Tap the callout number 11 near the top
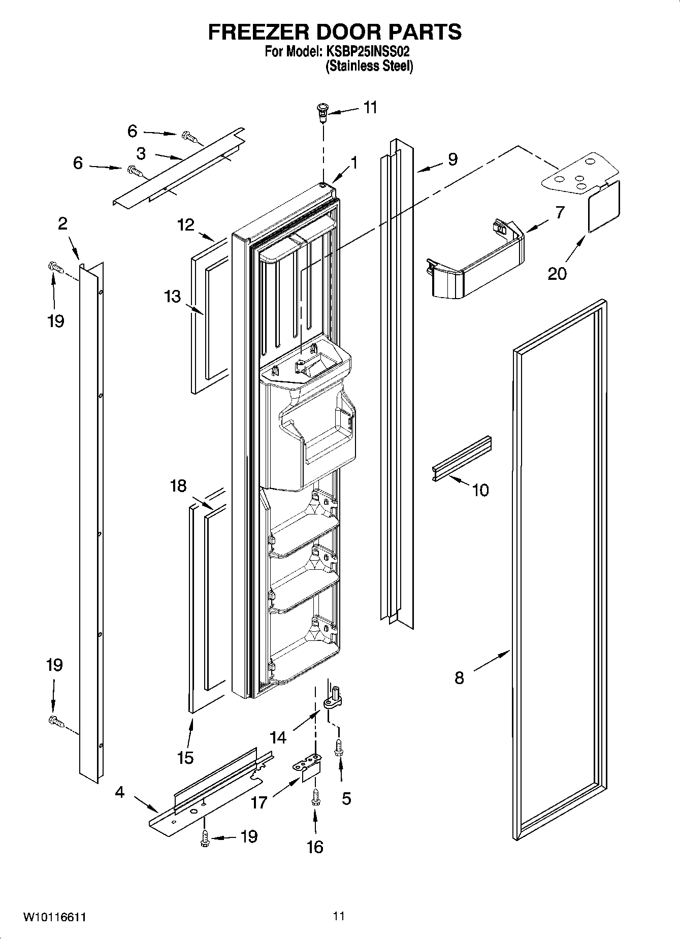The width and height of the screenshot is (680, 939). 370,108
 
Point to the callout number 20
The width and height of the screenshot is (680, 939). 557,274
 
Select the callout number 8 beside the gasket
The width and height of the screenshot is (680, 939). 459,677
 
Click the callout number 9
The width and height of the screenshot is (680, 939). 452,159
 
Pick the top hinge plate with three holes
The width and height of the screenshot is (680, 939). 579,175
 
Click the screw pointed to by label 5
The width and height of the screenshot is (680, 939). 339,747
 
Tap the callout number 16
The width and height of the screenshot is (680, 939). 315,847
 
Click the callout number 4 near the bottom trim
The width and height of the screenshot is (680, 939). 119,792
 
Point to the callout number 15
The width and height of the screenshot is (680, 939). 185,758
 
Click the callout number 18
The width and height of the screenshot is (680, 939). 178,486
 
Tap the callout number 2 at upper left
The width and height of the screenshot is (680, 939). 62,223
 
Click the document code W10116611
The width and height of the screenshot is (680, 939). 54,918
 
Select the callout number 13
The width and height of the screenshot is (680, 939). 172,296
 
